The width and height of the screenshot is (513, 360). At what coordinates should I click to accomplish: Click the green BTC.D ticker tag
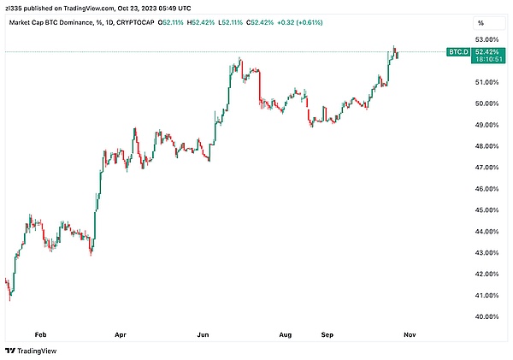tap(457, 52)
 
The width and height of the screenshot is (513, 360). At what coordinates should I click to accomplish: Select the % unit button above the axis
tap(481, 22)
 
